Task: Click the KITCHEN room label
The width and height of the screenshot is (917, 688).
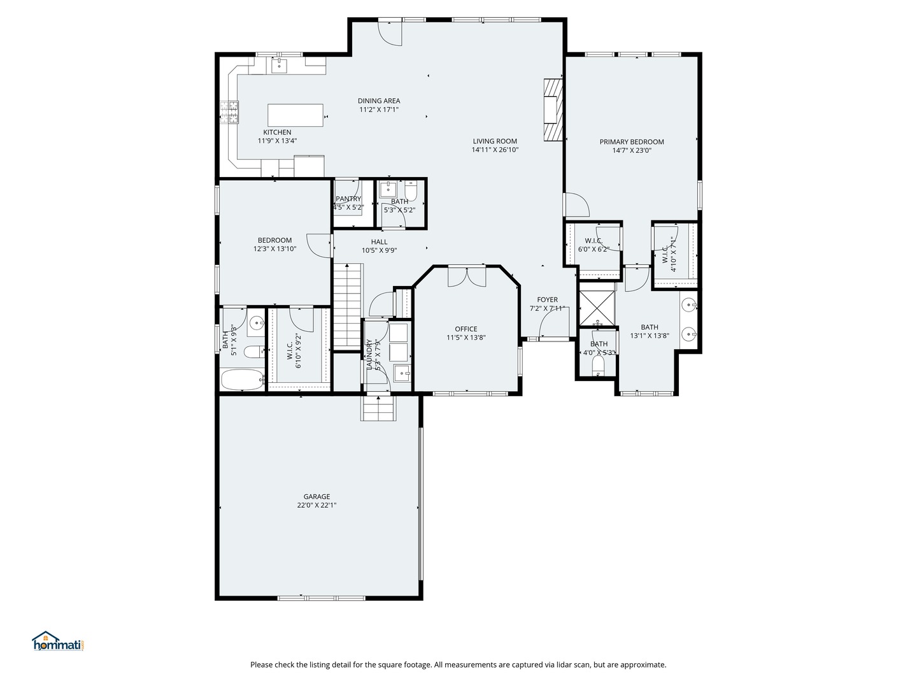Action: pyautogui.click(x=277, y=133)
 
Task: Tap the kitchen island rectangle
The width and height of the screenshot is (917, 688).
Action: pyautogui.click(x=295, y=115)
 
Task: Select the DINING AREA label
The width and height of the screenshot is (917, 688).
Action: pyautogui.click(x=379, y=101)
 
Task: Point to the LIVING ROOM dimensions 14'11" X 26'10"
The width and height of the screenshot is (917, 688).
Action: pyautogui.click(x=495, y=150)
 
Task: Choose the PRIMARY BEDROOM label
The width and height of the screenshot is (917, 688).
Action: pyautogui.click(x=632, y=141)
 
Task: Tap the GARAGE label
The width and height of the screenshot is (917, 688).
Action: pyautogui.click(x=316, y=496)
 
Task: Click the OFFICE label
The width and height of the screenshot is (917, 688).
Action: pyautogui.click(x=466, y=329)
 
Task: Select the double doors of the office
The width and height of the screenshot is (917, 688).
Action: pyautogui.click(x=467, y=277)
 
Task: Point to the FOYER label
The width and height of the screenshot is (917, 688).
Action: pyautogui.click(x=547, y=299)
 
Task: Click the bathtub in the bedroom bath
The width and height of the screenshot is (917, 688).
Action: pyautogui.click(x=243, y=379)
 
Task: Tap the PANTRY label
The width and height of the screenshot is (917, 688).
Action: pyautogui.click(x=348, y=199)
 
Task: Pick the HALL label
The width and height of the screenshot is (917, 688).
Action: pyautogui.click(x=379, y=241)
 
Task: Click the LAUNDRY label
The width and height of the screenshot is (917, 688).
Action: pyautogui.click(x=369, y=354)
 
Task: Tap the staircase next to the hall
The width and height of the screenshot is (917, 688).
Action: pyautogui.click(x=347, y=306)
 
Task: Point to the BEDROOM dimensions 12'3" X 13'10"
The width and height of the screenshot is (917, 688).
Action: pyautogui.click(x=275, y=249)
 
